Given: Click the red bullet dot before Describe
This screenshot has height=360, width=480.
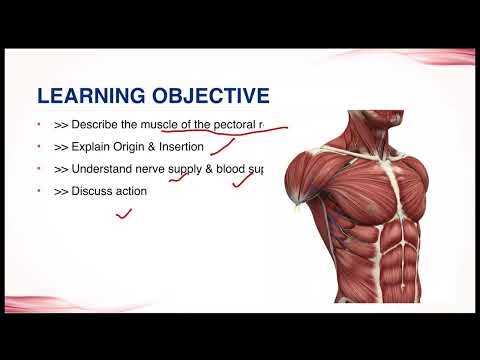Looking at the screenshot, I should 38,126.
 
